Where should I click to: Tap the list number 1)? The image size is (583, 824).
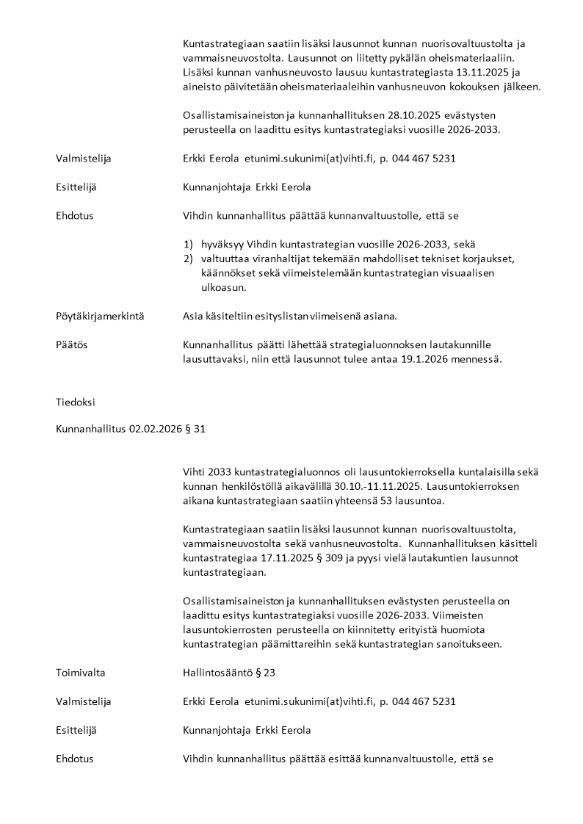pos(188,244)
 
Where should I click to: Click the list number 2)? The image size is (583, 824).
pos(188,259)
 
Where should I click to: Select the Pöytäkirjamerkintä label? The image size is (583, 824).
pos(100,317)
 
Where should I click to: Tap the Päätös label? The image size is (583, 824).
pos(71,344)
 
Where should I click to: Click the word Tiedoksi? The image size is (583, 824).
pos(75,402)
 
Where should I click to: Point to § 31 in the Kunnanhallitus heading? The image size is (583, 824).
pos(195,430)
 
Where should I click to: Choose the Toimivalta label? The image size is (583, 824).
pos(80,672)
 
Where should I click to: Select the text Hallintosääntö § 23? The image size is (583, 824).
pos(228,672)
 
